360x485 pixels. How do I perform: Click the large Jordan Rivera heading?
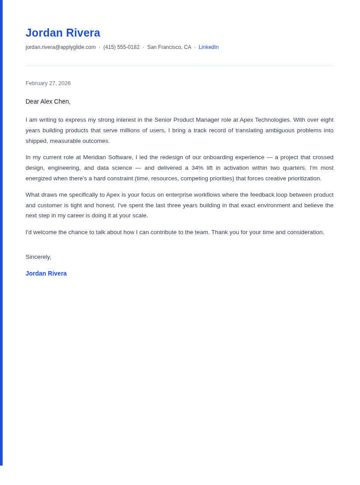pyautogui.click(x=63, y=33)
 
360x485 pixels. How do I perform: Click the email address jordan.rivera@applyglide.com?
pyautogui.click(x=60, y=47)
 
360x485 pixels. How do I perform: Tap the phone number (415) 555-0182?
pyautogui.click(x=121, y=47)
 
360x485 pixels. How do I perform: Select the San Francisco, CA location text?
pyautogui.click(x=169, y=47)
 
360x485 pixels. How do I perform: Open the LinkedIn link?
pyautogui.click(x=208, y=47)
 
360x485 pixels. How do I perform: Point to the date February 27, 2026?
pyautogui.click(x=48, y=83)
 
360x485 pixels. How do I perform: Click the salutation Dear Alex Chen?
pyautogui.click(x=48, y=101)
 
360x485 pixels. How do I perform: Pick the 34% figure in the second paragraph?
pyautogui.click(x=197, y=168)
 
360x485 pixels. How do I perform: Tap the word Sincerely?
pyautogui.click(x=38, y=257)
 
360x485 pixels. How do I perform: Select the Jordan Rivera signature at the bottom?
pyautogui.click(x=46, y=273)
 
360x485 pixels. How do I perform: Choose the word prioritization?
pyautogui.click(x=302, y=179)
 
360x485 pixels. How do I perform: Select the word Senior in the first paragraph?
pyautogui.click(x=163, y=120)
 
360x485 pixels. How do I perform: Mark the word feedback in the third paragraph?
pyautogui.click(x=262, y=195)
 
